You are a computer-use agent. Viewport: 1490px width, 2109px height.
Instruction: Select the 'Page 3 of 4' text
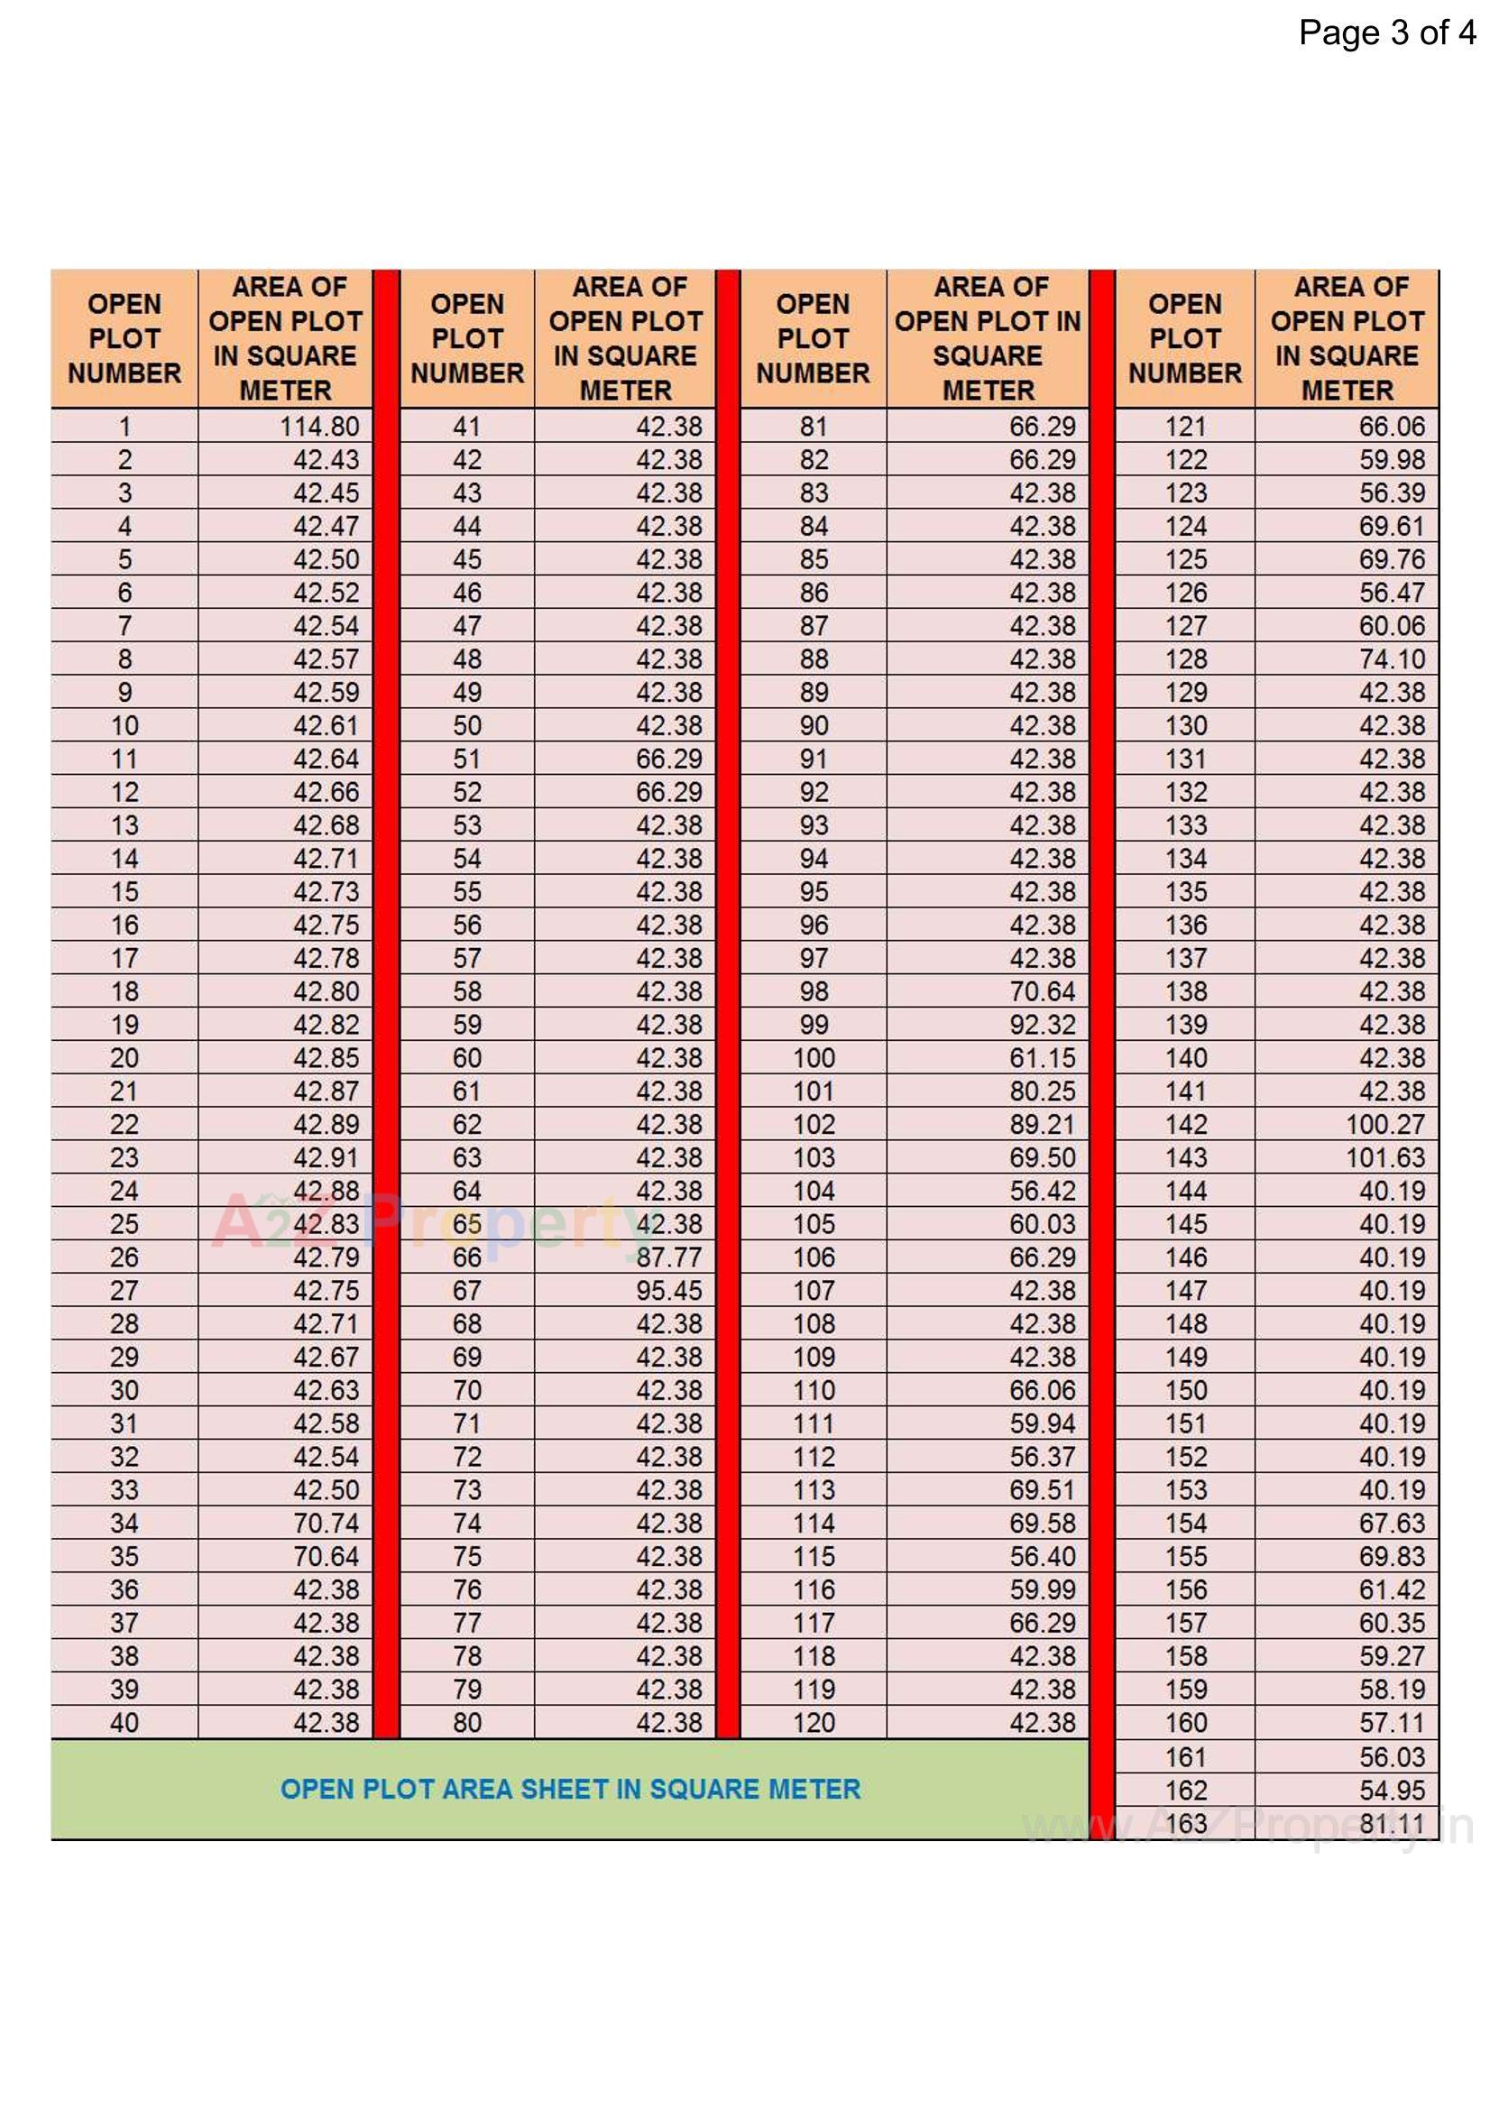pos(1386,33)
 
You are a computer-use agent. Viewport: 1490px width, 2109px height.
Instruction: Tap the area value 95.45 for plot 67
pos(668,1290)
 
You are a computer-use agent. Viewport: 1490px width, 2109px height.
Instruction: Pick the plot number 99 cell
pos(813,1024)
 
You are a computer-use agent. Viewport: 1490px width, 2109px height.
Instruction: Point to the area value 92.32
pos(1042,1024)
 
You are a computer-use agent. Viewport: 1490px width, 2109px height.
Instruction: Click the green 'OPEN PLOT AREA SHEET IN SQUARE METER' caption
pos(570,1789)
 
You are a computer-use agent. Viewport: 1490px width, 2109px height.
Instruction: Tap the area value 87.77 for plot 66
pos(668,1257)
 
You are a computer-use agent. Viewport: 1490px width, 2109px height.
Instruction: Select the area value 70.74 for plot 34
pos(327,1523)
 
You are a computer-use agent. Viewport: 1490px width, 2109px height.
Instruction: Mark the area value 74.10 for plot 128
pos(1392,658)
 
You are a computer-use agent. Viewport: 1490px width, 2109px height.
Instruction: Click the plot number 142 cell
pos(1185,1124)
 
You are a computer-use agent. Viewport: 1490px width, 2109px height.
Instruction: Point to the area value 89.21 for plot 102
pos(1042,1124)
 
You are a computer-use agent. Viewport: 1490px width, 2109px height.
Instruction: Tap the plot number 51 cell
pos(466,759)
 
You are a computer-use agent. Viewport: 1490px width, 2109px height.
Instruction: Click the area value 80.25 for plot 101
pos(1042,1091)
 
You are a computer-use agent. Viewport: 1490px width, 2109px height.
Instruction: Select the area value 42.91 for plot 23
pos(327,1157)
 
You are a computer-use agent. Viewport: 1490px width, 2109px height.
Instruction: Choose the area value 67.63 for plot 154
pos(1392,1523)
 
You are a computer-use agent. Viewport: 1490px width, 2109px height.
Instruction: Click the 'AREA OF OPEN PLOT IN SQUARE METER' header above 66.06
pos(1347,338)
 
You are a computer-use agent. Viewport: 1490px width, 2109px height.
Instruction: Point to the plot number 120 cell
pos(813,1722)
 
